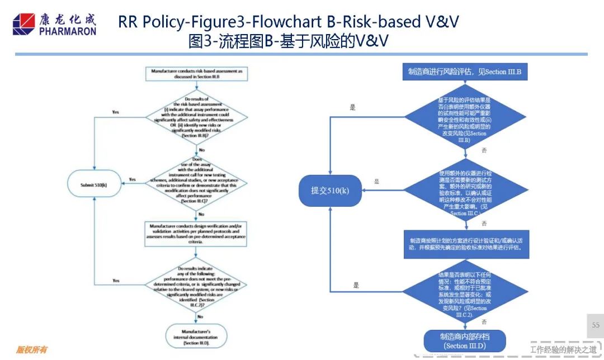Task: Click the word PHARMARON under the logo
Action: click(x=68, y=31)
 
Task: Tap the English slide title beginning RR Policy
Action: click(x=288, y=21)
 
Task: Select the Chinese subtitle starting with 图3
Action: click(x=288, y=41)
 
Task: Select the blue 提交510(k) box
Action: click(x=329, y=191)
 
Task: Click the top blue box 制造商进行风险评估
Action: click(x=464, y=72)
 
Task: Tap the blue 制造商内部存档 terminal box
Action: click(x=464, y=341)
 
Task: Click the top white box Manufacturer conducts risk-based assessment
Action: click(x=196, y=74)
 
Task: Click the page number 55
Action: click(x=595, y=325)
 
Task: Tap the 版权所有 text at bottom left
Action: click(x=31, y=350)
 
